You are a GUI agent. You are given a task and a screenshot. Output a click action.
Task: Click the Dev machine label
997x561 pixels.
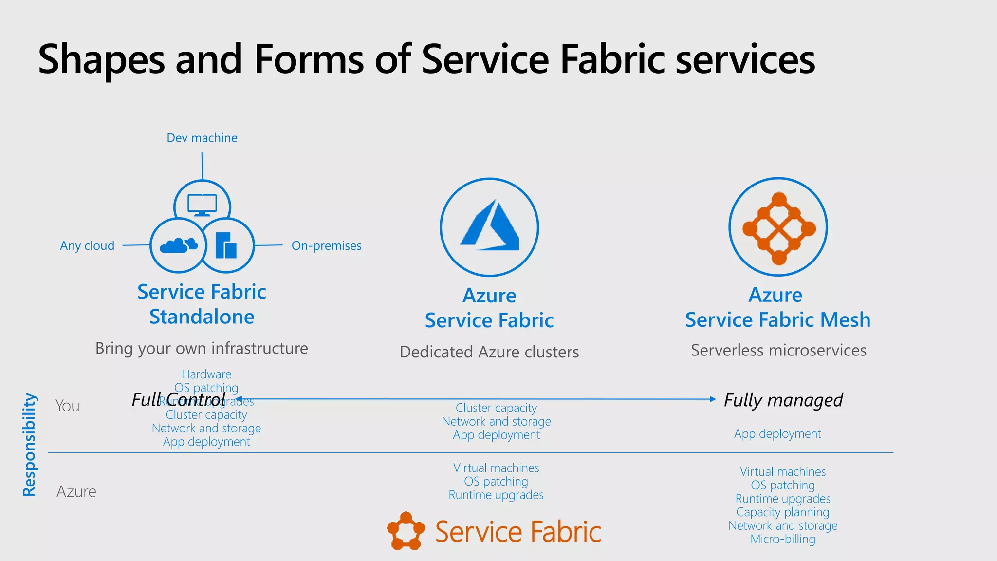coord(202,138)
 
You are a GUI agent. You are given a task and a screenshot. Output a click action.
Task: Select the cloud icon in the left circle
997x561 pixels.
coord(179,246)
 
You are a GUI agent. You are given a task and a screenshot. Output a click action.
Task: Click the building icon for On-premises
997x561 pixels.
coord(226,245)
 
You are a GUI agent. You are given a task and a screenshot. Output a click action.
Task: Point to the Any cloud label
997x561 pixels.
coord(87,246)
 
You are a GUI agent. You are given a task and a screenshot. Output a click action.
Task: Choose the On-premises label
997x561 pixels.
coord(326,246)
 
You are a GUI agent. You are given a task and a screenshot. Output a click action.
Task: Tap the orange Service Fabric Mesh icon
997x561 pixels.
coord(778,228)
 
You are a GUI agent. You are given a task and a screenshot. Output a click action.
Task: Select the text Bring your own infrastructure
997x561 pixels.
coord(202,349)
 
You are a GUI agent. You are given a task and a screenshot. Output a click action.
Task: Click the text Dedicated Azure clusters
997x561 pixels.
coord(489,352)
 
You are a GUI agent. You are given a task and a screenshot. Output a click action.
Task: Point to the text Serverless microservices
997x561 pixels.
coord(778,351)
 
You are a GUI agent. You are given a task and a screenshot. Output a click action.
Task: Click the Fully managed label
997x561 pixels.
coord(783,400)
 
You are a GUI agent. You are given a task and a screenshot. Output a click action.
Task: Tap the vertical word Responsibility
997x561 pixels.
coord(30,445)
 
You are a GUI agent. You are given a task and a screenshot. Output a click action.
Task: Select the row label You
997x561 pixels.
coord(68,406)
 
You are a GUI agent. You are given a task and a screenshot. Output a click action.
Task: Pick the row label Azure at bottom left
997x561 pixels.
coord(76,492)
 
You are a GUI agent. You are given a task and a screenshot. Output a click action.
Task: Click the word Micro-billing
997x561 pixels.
coord(783,540)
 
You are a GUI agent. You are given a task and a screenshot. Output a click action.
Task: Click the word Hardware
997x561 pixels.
coord(206,374)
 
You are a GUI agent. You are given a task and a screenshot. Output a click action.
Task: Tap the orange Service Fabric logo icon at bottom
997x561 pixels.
coord(405,531)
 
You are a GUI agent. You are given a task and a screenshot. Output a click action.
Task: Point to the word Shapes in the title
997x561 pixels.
coord(102,59)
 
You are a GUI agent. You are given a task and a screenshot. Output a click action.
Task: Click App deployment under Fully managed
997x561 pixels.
coord(777,434)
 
